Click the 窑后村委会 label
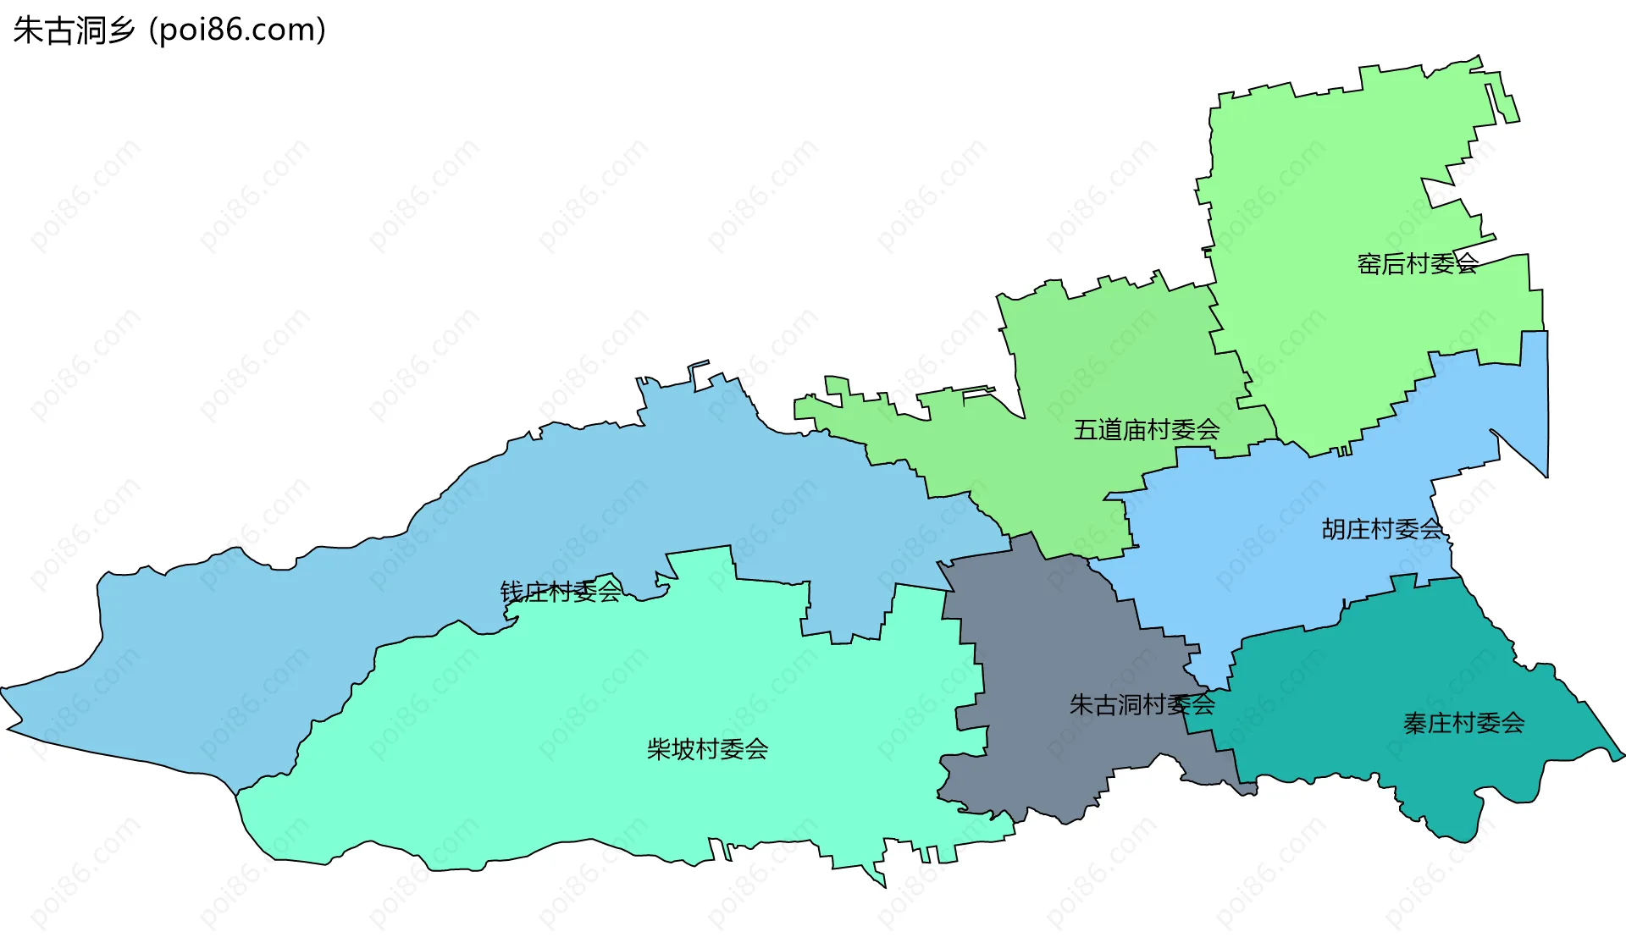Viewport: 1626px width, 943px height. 1417,264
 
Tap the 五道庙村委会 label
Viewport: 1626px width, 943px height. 1147,430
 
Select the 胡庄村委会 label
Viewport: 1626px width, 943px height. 1381,529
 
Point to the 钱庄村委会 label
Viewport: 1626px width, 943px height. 561,591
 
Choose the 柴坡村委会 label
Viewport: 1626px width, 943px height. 707,749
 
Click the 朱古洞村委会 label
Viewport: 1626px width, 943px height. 1142,704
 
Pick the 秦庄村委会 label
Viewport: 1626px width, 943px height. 1463,723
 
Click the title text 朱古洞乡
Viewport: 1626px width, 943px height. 74,30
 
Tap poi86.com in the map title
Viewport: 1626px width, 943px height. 237,30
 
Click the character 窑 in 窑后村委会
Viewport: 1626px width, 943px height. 1369,264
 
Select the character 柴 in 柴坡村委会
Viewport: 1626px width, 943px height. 659,749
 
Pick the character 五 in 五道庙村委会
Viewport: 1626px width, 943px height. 1086,430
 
